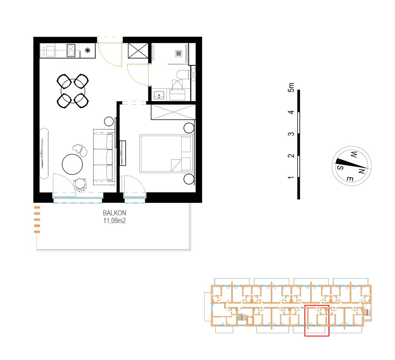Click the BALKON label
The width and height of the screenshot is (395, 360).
114,213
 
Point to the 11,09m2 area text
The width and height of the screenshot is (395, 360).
114,221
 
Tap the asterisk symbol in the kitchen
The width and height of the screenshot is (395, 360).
87,51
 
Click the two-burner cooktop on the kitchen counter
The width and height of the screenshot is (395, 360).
71,50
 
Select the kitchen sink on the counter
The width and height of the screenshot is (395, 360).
50,50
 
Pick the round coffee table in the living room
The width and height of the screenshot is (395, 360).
72,164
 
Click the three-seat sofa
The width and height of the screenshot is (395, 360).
104,157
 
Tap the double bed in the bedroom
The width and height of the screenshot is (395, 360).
167,154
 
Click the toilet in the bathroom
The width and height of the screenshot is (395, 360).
183,75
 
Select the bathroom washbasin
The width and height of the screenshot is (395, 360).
159,95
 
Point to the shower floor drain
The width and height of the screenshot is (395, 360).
179,53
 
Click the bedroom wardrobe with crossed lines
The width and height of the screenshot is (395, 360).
173,112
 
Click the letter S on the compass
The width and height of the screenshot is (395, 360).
340,167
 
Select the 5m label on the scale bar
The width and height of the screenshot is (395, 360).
291,87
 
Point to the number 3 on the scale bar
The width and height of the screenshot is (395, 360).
291,134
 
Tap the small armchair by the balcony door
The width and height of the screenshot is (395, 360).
80,184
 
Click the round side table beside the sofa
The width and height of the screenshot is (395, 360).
109,121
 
